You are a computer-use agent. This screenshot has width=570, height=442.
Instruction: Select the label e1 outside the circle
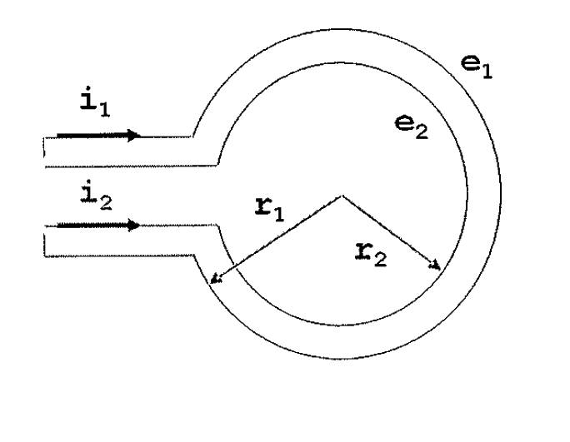point(477,67)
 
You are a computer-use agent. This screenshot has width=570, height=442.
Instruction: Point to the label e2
point(412,127)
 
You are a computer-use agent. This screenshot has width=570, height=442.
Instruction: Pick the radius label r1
point(270,210)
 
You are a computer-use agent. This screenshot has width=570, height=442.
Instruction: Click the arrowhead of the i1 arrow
point(134,136)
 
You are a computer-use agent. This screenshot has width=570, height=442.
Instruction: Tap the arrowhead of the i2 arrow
point(134,226)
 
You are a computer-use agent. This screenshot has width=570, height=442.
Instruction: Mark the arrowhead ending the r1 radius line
point(216,279)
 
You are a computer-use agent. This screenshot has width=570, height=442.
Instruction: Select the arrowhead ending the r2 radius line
point(435,266)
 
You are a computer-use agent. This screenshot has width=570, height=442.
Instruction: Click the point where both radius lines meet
point(342,196)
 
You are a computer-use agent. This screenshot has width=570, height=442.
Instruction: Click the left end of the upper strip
point(44,152)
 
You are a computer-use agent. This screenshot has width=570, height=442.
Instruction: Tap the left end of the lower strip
point(44,241)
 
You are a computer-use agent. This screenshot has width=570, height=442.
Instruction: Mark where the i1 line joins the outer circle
point(192,137)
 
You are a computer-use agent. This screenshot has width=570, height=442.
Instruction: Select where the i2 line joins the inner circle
point(218,226)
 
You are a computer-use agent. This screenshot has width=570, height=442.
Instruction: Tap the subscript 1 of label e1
point(487,72)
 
